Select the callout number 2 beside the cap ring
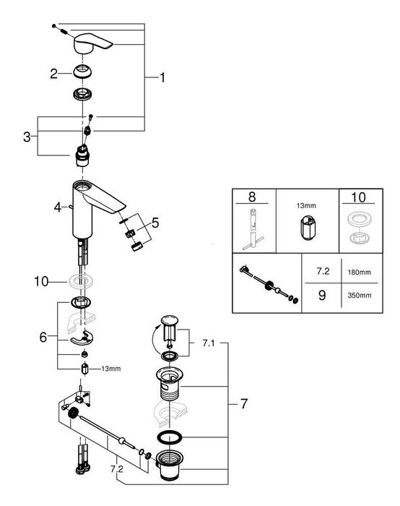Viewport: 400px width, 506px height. tap(53, 73)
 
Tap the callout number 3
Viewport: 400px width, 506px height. tap(26, 135)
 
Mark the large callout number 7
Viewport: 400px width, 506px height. tap(243, 404)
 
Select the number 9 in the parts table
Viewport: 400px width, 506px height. tap(323, 294)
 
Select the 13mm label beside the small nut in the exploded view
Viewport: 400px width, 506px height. tap(111, 369)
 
